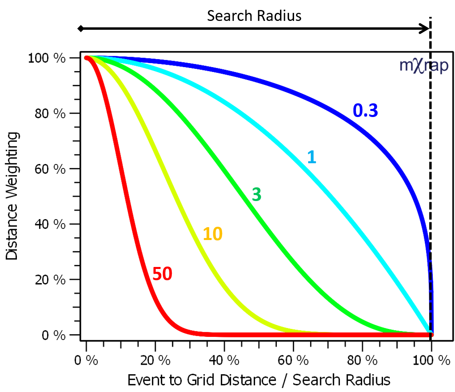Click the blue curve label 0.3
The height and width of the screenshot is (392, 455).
tap(365, 111)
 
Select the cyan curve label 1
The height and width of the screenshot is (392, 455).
tap(311, 157)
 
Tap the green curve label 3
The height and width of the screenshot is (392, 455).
tap(256, 195)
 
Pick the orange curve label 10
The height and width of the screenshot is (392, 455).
tap(212, 234)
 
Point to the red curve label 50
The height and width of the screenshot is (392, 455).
tap(162, 274)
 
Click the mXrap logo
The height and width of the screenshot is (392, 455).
tap(423, 66)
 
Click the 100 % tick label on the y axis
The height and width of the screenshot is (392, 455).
tap(47, 58)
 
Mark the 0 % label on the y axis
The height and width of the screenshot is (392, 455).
tap(54, 335)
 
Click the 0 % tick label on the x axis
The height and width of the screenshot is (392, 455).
tap(86, 360)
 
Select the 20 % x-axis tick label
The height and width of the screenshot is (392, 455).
tap(155, 360)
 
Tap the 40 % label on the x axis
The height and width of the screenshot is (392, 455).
tap(224, 360)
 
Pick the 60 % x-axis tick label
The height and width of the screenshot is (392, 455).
tap(293, 360)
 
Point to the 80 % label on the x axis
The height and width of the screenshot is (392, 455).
tap(362, 360)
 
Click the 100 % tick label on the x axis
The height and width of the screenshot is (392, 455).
tap(431, 360)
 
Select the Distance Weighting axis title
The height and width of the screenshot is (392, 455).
tap(12, 196)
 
